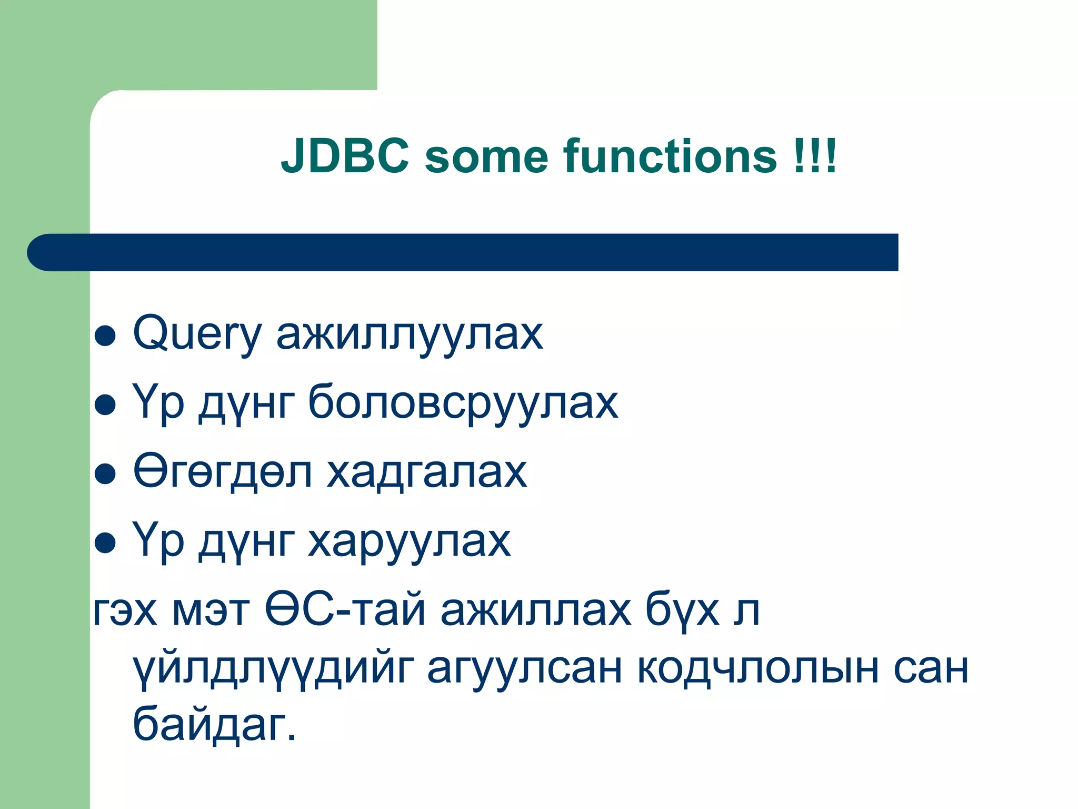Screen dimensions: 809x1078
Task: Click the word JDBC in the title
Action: tap(345, 156)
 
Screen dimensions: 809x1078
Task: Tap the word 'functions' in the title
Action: tap(670, 156)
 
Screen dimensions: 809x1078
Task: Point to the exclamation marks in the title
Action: tap(815, 156)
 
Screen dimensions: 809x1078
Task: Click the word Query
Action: tap(197, 333)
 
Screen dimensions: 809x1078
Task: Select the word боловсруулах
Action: tap(463, 403)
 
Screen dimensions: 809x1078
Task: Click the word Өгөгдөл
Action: tap(223, 471)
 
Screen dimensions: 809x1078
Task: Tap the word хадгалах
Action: tap(426, 472)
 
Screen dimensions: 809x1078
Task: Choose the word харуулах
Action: tap(409, 541)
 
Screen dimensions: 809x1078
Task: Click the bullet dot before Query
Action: tap(105, 336)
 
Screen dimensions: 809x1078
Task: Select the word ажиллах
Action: tap(535, 610)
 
